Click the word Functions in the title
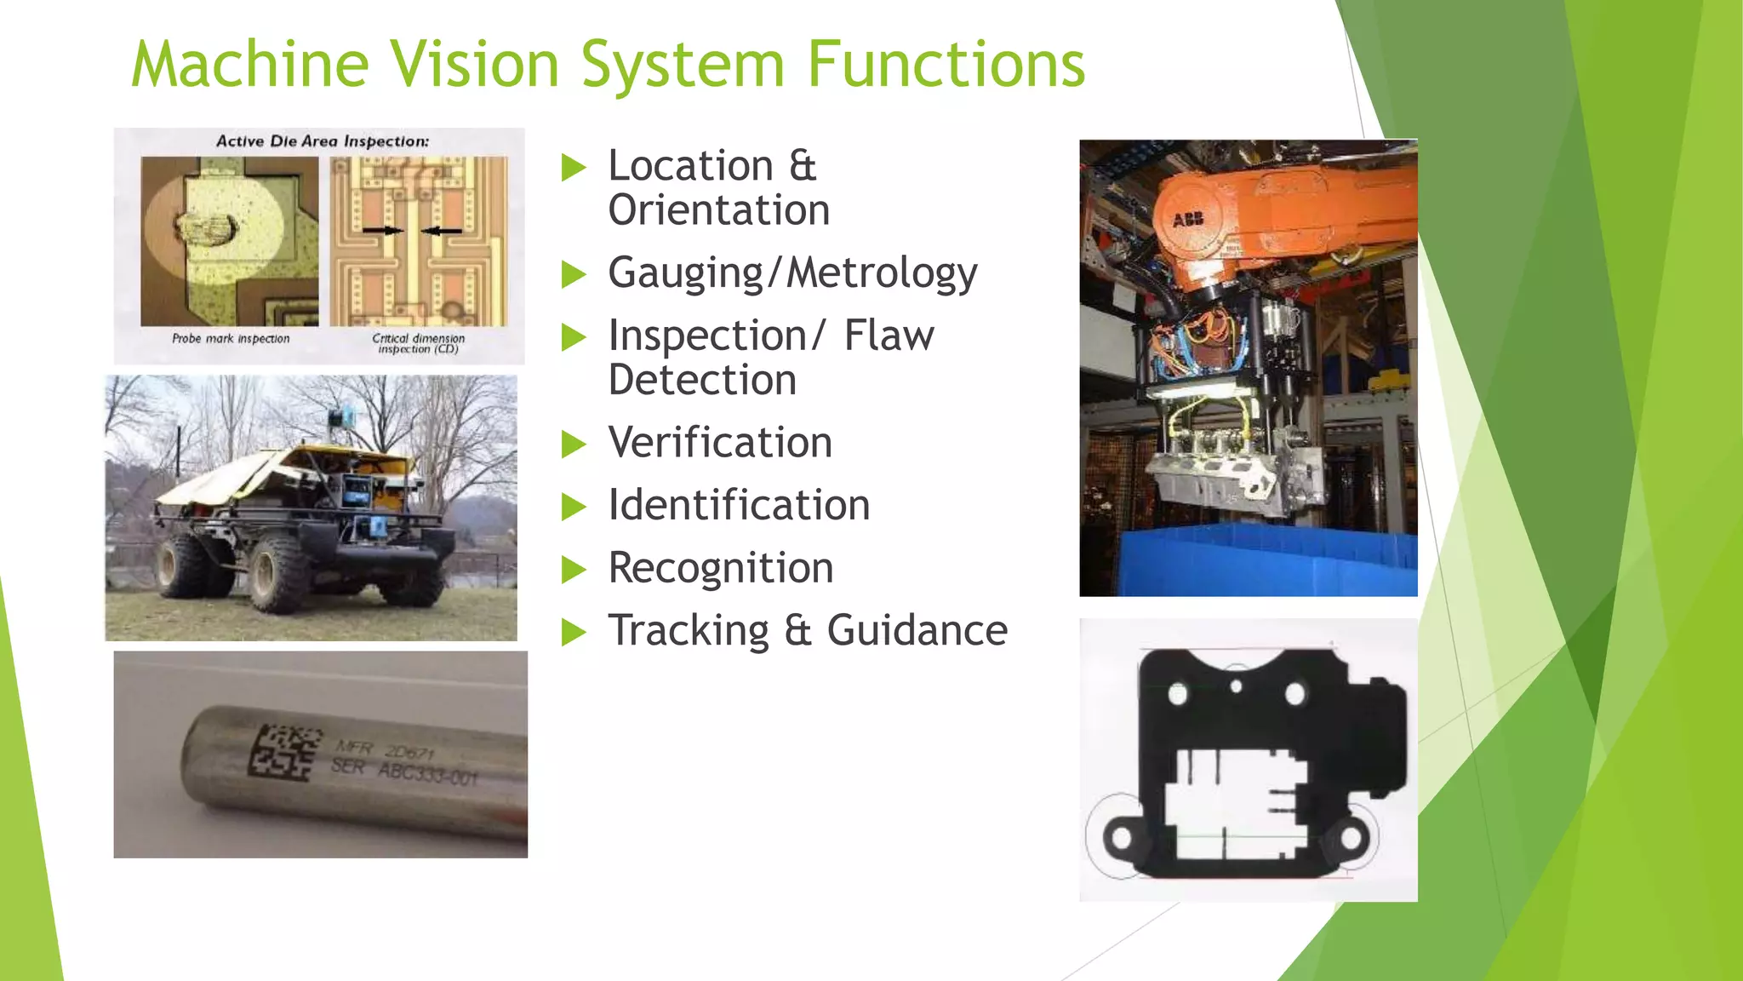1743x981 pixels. click(946, 65)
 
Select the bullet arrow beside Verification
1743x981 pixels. click(574, 445)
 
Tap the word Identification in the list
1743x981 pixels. click(739, 505)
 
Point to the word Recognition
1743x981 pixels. click(721, 568)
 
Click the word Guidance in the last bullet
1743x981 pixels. click(917, 631)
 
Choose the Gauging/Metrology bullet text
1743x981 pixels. click(792, 273)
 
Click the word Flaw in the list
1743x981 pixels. click(889, 336)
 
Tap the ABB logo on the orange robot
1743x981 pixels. click(1188, 220)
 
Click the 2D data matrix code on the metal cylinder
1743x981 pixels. click(284, 752)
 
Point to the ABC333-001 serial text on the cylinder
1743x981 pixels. click(428, 774)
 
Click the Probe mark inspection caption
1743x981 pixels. click(231, 339)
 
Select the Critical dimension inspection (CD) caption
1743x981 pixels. click(418, 343)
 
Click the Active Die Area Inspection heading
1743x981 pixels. click(323, 141)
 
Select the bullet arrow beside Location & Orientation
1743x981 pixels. click(574, 168)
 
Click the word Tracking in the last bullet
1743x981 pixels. click(689, 631)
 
